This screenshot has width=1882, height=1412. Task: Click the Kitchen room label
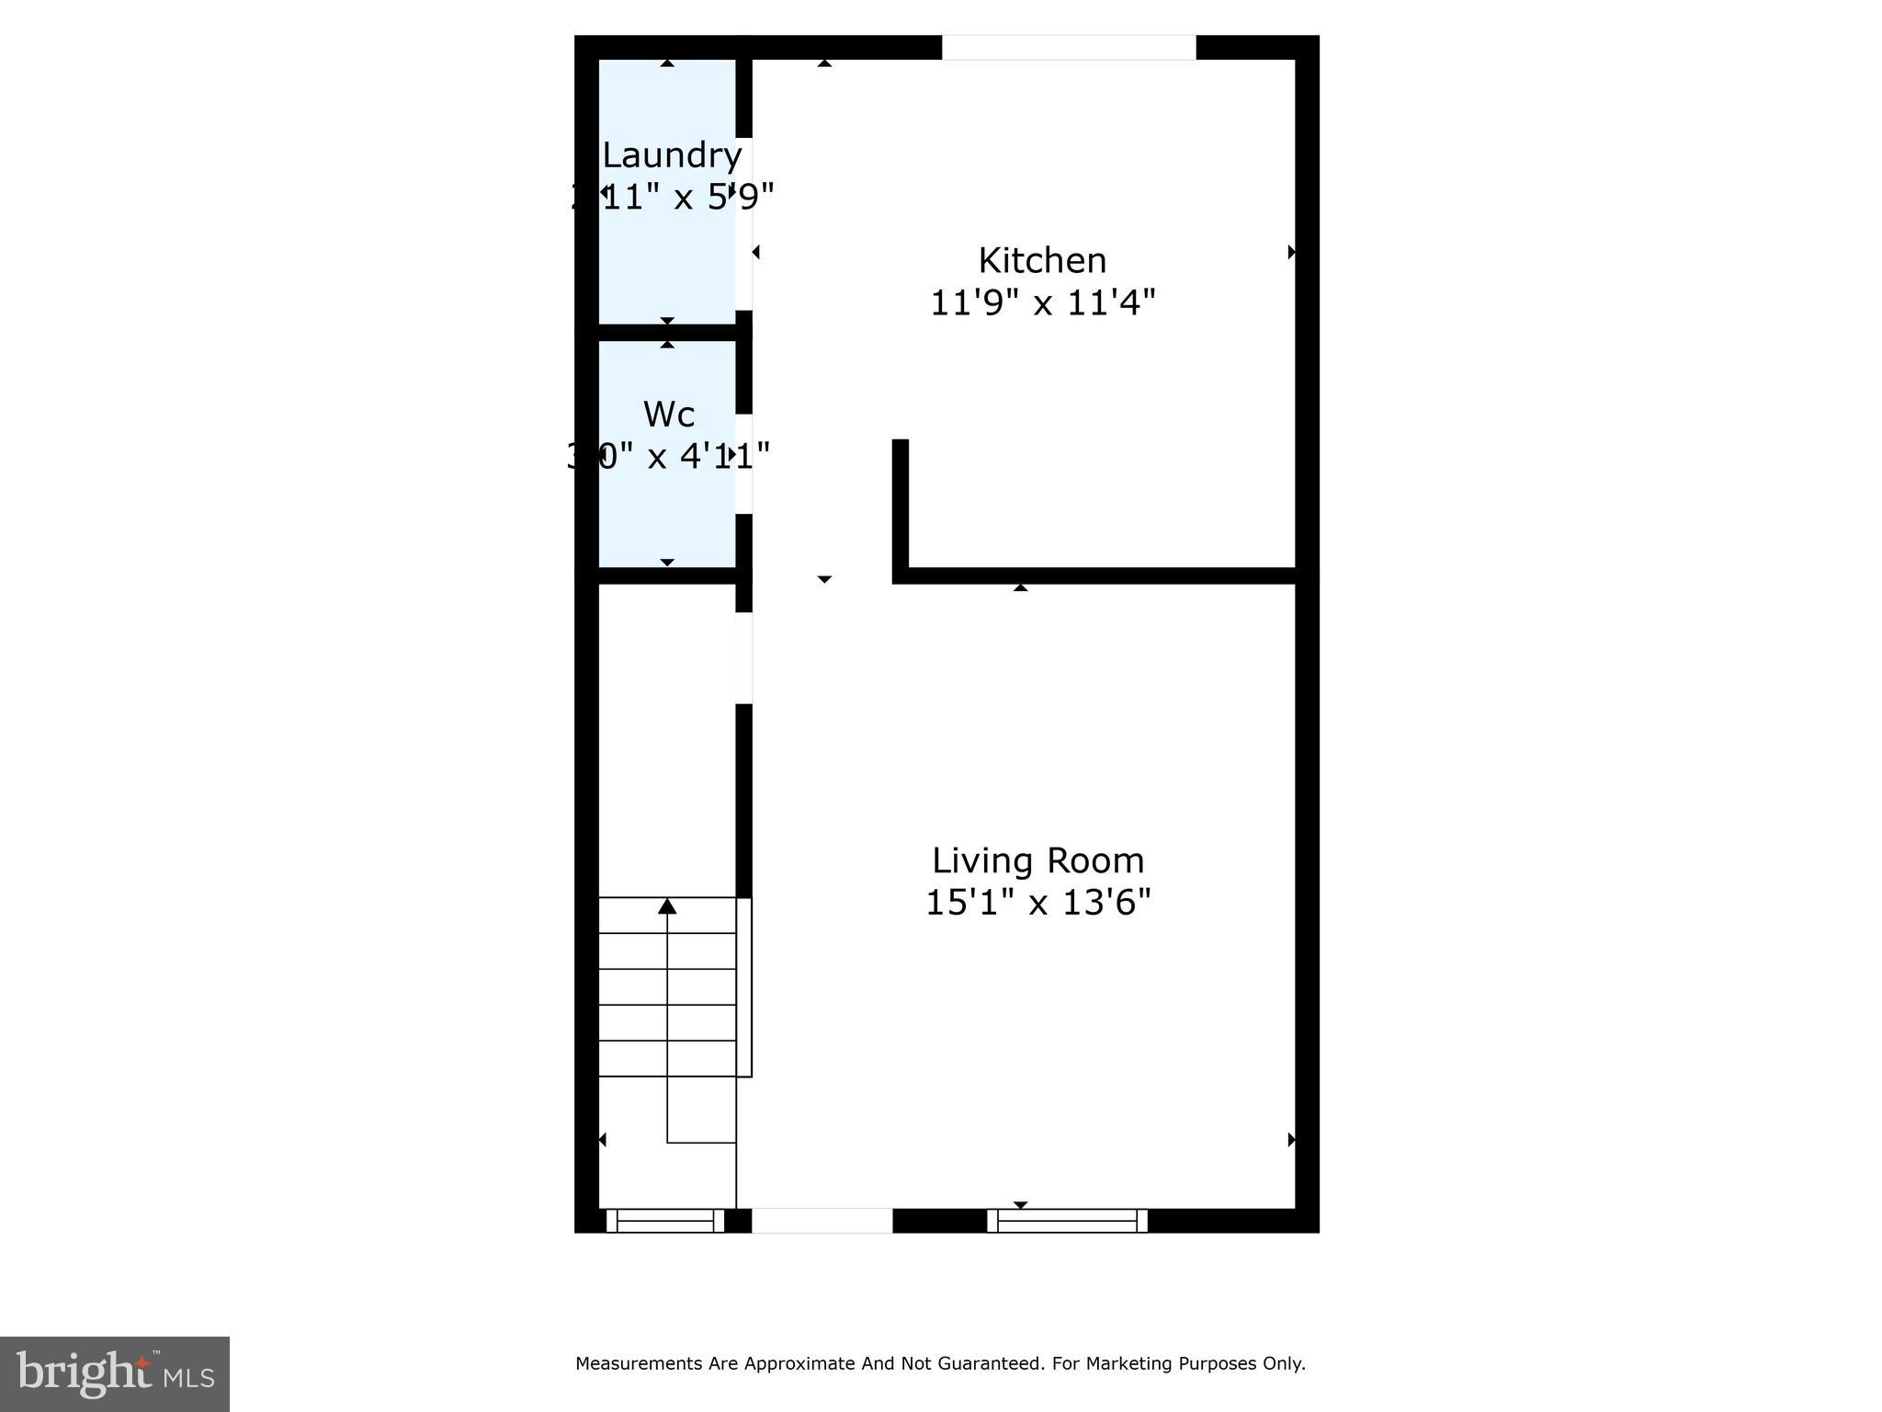pos(1041,261)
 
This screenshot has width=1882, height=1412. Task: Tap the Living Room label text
pos(1037,861)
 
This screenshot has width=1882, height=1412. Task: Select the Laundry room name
pos(672,156)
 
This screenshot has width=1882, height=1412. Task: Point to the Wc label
pos(668,415)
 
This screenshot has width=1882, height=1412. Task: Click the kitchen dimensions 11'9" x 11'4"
pos(1042,302)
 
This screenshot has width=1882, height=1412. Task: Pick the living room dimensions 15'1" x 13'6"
pos(1037,903)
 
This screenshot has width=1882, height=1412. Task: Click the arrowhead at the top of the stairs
pos(667,907)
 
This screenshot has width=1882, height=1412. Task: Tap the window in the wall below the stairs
pos(665,1221)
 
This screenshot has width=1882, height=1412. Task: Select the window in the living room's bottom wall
pos(1067,1221)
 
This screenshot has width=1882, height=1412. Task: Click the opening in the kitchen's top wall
pos(1069,47)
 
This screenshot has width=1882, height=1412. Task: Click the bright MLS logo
pos(115,1373)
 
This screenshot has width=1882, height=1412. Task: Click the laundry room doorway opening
pos(744,223)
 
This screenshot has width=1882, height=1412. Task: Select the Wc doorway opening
pos(744,463)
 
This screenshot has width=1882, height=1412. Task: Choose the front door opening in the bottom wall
pos(822,1221)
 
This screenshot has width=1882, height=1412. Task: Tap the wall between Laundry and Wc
pos(668,332)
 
